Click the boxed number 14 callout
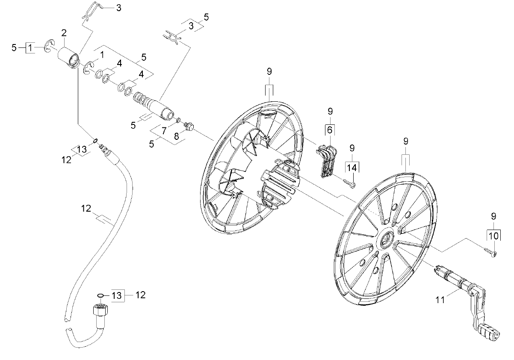[352, 168]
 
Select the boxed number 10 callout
[493, 236]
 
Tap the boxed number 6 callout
[330, 130]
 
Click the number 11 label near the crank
[440, 300]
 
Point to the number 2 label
[64, 33]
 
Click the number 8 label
[176, 136]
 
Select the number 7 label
[164, 131]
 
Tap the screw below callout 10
[490, 252]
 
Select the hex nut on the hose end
[100, 310]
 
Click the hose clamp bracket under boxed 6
[327, 161]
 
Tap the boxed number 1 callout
[30, 48]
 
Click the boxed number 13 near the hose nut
[117, 295]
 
